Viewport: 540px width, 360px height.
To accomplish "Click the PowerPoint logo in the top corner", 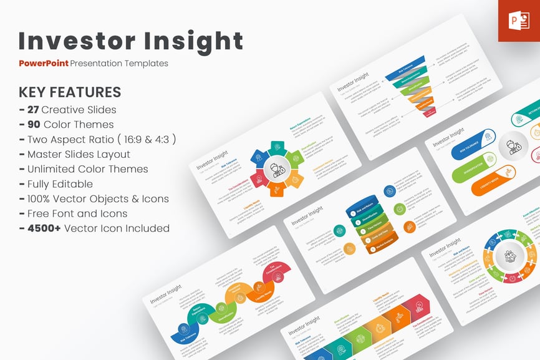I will (519, 21).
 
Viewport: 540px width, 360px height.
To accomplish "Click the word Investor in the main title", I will (69, 41).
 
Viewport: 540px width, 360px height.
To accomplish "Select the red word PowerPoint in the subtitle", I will (43, 63).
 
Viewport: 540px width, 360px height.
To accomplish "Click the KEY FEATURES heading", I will (70, 92).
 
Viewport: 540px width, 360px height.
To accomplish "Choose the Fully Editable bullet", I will (60, 184).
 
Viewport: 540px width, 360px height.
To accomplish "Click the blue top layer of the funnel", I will (405, 65).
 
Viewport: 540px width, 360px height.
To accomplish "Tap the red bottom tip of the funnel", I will (430, 112).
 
